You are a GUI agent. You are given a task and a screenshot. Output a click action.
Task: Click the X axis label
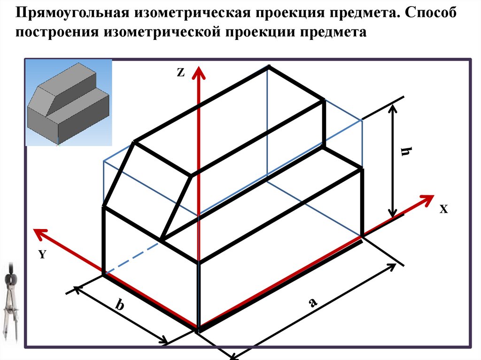tap(444, 210)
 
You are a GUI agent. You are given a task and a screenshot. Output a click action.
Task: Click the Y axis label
tap(42, 254)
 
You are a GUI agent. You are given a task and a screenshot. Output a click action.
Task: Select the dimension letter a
tap(312, 303)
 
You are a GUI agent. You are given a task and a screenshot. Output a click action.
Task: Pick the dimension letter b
tap(120, 306)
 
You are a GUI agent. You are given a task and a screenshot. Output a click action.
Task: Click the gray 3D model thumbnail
tap(69, 102)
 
